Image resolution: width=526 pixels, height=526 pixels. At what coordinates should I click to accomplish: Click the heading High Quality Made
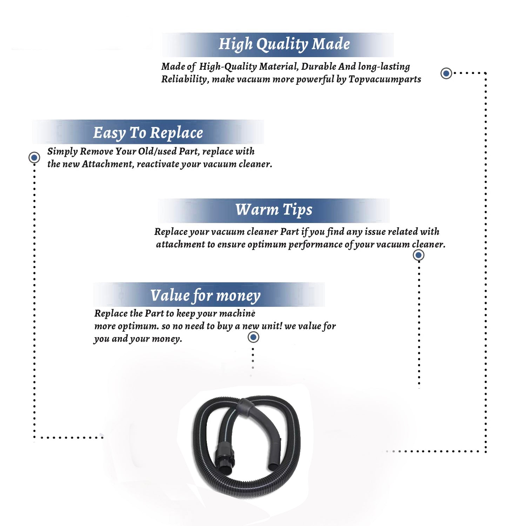(284, 45)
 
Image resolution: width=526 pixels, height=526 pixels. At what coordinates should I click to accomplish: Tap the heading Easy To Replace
(148, 133)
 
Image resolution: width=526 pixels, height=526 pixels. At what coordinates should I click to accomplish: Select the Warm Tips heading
(274, 210)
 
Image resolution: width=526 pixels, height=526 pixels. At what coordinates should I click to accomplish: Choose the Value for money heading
(205, 296)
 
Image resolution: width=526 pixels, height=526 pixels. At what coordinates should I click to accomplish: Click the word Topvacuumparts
(385, 80)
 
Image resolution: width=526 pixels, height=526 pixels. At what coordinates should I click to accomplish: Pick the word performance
(315, 245)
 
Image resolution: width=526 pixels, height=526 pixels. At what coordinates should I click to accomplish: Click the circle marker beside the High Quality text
(446, 73)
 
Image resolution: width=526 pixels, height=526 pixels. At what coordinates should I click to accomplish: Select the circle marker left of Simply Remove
(34, 157)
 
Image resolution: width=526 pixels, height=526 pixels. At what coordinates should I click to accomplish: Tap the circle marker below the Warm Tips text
(418, 255)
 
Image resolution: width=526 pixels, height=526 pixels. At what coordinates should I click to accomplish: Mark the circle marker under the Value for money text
(253, 337)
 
